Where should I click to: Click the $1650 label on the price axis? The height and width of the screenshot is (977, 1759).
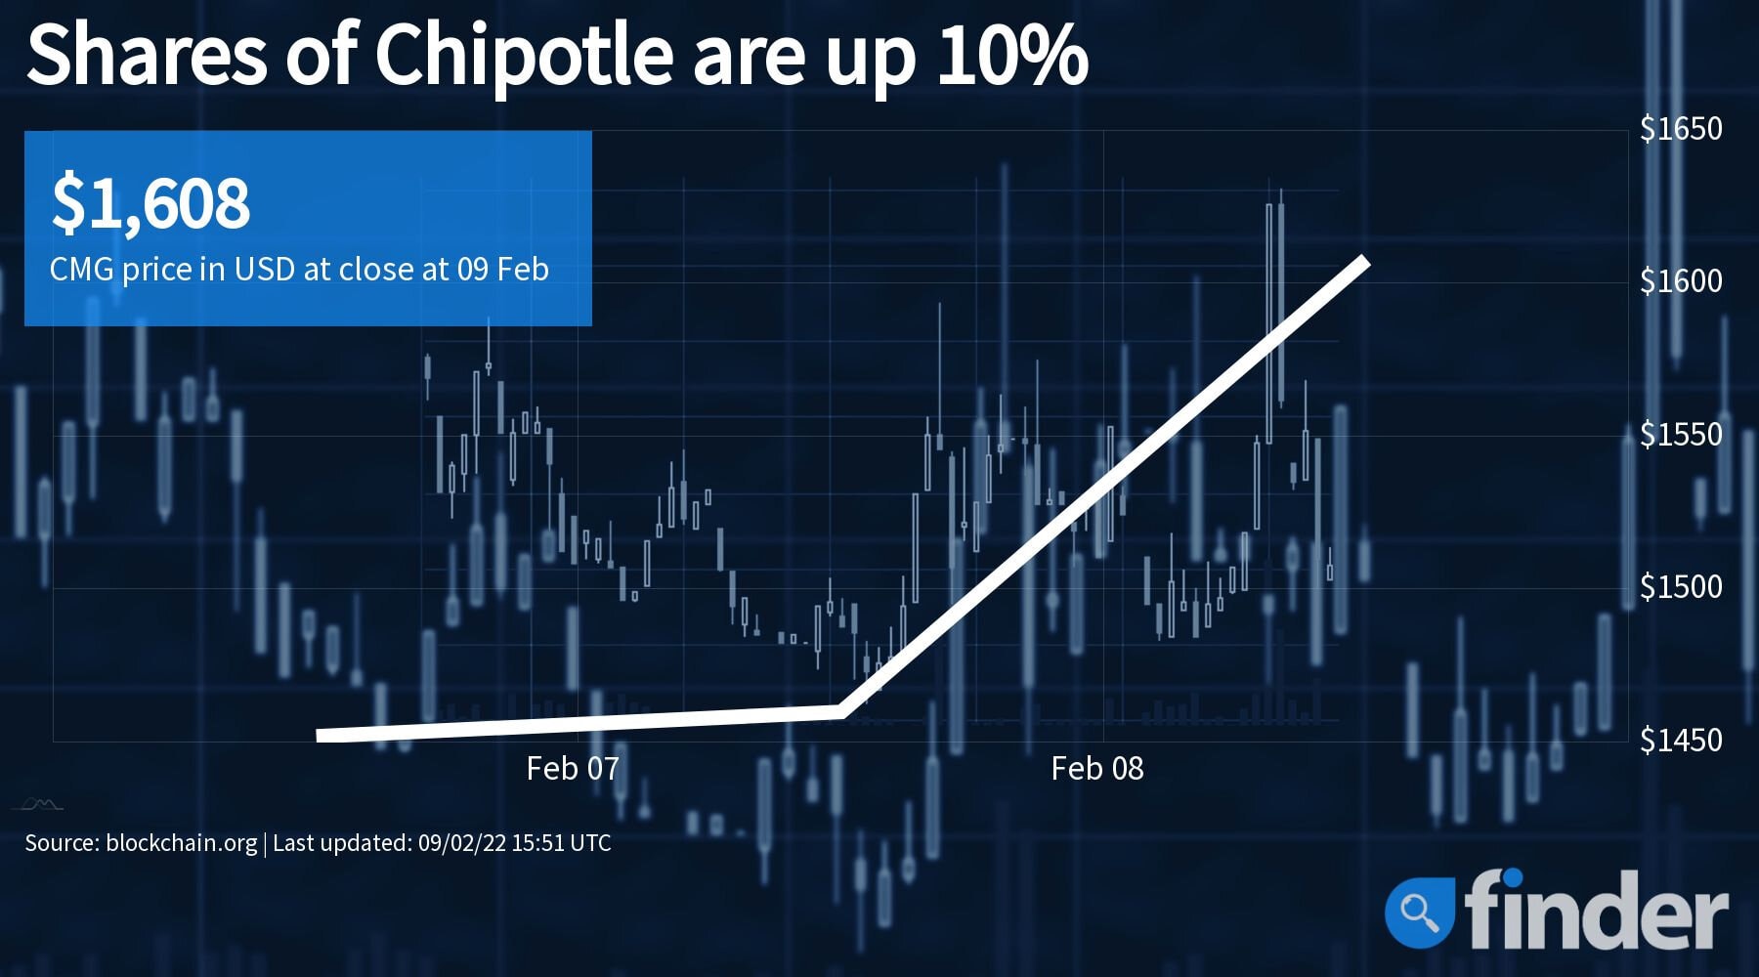point(1681,128)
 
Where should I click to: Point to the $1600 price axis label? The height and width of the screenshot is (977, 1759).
point(1681,281)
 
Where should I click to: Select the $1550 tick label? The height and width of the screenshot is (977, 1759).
point(1681,434)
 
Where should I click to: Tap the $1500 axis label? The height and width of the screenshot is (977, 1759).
point(1681,586)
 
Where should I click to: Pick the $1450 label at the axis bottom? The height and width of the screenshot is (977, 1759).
point(1681,740)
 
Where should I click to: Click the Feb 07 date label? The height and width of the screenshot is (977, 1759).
point(573,769)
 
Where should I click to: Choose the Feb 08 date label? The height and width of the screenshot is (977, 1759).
point(1097,769)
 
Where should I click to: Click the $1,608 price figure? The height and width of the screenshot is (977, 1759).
point(151,202)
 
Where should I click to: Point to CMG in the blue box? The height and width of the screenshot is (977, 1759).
point(82,269)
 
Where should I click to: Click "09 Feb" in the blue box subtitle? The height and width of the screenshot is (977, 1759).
point(502,269)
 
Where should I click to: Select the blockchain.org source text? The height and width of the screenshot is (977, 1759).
point(181,842)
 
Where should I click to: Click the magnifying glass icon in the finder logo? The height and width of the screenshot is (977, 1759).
point(1419,912)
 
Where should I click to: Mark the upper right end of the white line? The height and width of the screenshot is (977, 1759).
point(1365,261)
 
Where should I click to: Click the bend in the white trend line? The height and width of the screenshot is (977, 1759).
point(841,710)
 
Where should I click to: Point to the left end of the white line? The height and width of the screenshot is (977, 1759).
point(321,735)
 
